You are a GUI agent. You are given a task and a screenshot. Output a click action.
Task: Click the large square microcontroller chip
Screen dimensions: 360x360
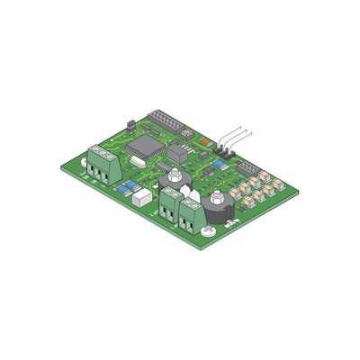pos(143,148)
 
